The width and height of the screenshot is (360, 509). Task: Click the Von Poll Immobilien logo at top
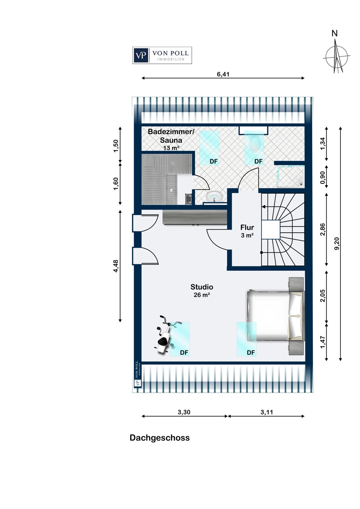point(162,55)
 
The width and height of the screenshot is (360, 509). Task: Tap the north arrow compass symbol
point(336,57)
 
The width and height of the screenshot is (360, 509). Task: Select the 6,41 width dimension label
point(223,74)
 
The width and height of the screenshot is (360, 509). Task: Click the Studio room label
point(202,287)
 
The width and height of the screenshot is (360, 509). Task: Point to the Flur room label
point(247,227)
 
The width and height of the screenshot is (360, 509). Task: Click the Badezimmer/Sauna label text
point(171,136)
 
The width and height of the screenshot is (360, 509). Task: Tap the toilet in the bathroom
point(255,144)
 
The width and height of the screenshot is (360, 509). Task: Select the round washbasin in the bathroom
point(214,196)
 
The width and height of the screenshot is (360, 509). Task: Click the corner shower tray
point(290,176)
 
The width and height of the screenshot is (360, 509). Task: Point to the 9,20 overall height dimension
point(337,243)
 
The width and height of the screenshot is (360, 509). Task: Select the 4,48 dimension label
point(116,266)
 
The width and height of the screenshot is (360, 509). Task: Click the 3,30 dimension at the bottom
point(184,412)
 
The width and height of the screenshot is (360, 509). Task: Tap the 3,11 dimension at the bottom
point(267,412)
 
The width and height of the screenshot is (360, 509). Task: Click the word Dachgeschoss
point(160,438)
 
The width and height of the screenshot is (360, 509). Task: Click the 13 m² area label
point(171,148)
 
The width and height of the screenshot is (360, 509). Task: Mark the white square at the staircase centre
point(271,229)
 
